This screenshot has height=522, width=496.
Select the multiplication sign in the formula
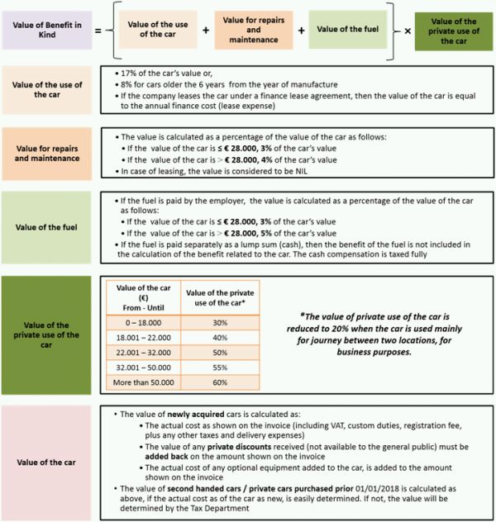tap(408, 30)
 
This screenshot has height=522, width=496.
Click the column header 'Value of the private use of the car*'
tap(219, 295)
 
